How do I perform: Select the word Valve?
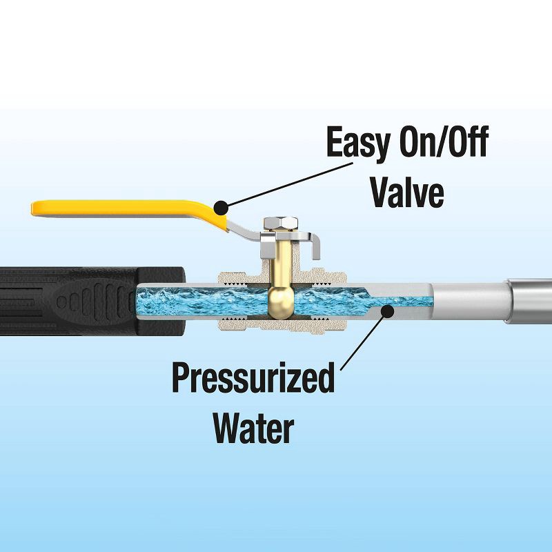coord(407,193)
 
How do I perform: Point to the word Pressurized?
coord(253,379)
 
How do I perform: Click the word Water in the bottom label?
coord(253,428)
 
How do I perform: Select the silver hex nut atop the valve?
coord(280,223)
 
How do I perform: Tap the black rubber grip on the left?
coord(62,300)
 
